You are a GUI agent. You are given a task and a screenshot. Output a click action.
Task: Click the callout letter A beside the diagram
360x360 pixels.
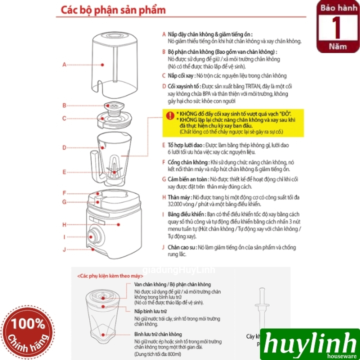coord(64,64)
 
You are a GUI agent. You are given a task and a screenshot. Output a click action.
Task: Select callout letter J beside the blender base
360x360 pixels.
coord(64,248)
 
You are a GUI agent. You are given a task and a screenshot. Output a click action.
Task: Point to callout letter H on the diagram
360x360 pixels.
coord(64,224)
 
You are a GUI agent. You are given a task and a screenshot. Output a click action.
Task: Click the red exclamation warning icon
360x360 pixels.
coord(170,116)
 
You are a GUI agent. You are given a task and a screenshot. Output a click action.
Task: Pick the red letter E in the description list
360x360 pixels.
coord(163,144)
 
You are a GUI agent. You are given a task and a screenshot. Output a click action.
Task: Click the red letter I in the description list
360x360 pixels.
coord(163,213)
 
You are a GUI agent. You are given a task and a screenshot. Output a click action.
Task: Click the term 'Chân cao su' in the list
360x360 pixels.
coord(181,247)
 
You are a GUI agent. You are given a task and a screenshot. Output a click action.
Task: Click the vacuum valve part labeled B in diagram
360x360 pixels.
coord(114,105)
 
